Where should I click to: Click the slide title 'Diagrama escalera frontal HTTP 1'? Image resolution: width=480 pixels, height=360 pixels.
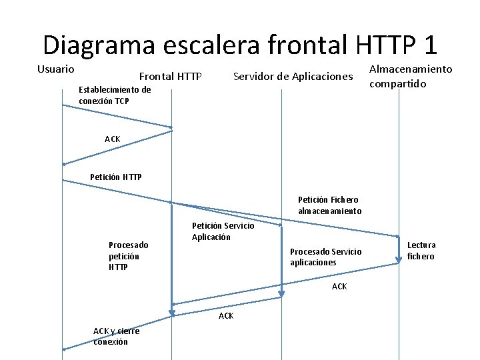pyautogui.click(x=240, y=45)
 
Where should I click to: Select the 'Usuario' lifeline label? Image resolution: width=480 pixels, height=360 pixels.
pyautogui.click(x=55, y=69)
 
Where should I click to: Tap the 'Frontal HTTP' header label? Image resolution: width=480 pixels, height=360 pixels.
pyautogui.click(x=170, y=77)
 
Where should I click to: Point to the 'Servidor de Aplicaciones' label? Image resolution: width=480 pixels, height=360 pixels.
pyautogui.click(x=293, y=77)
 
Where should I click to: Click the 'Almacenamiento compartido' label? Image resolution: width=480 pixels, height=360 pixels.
pyautogui.click(x=410, y=76)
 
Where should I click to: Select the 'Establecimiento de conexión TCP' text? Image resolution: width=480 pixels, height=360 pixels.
pyautogui.click(x=115, y=95)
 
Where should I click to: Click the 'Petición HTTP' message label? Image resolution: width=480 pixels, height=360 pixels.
pyautogui.click(x=115, y=177)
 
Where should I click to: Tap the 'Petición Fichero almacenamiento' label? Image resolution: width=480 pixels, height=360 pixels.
pyautogui.click(x=329, y=205)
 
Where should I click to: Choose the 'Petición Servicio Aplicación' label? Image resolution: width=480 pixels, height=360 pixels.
pyautogui.click(x=223, y=231)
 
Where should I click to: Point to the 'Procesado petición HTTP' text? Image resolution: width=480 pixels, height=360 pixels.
pyautogui.click(x=128, y=256)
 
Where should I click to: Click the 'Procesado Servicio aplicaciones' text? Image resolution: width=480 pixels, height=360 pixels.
pyautogui.click(x=325, y=257)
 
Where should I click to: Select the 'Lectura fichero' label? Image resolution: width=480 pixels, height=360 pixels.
pyautogui.click(x=421, y=251)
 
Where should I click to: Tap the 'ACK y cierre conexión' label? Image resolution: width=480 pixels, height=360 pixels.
pyautogui.click(x=116, y=336)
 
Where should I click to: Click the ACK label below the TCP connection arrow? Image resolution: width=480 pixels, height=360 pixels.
pyautogui.click(x=113, y=139)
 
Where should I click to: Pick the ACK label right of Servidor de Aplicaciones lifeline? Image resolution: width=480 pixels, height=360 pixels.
pyautogui.click(x=339, y=287)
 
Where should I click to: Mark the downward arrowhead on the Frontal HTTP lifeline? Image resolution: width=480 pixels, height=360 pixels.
pyautogui.click(x=171, y=312)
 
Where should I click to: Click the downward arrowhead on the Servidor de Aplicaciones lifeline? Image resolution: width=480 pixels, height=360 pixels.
pyautogui.click(x=281, y=294)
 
